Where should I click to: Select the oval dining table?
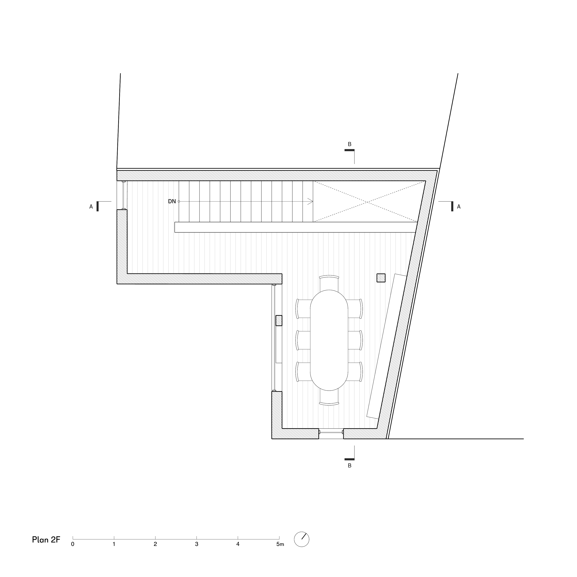329,340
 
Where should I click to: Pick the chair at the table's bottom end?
329,398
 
